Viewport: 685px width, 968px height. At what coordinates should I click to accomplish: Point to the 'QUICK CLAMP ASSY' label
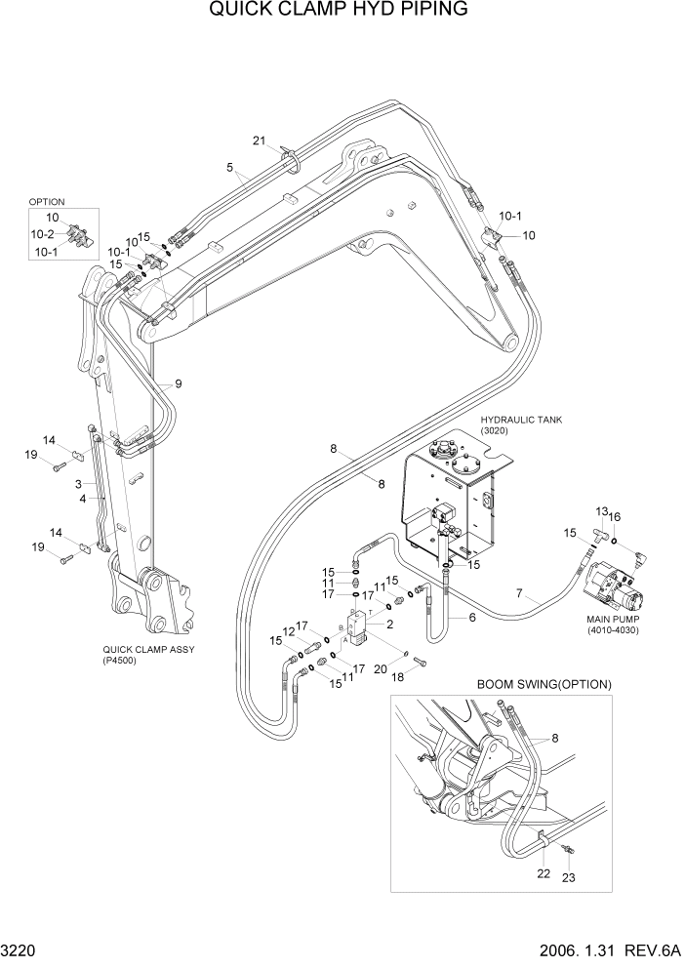tap(147, 648)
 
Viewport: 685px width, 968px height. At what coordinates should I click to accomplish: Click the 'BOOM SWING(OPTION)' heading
tap(544, 684)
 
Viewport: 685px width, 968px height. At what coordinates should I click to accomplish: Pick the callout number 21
tap(259, 141)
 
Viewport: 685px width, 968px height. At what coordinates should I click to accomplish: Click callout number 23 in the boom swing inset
tap(569, 877)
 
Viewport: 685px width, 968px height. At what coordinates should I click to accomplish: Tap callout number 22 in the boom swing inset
tap(544, 872)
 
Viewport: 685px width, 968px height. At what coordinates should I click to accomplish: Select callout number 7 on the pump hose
tap(520, 593)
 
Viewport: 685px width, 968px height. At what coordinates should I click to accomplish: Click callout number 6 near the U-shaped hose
tap(472, 617)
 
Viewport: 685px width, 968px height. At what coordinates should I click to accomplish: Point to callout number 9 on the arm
tap(178, 383)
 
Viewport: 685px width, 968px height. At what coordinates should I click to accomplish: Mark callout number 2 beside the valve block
tap(389, 624)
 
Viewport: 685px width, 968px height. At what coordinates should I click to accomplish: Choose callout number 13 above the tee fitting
tap(601, 511)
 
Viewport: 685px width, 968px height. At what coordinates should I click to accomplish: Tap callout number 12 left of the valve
tap(289, 632)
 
